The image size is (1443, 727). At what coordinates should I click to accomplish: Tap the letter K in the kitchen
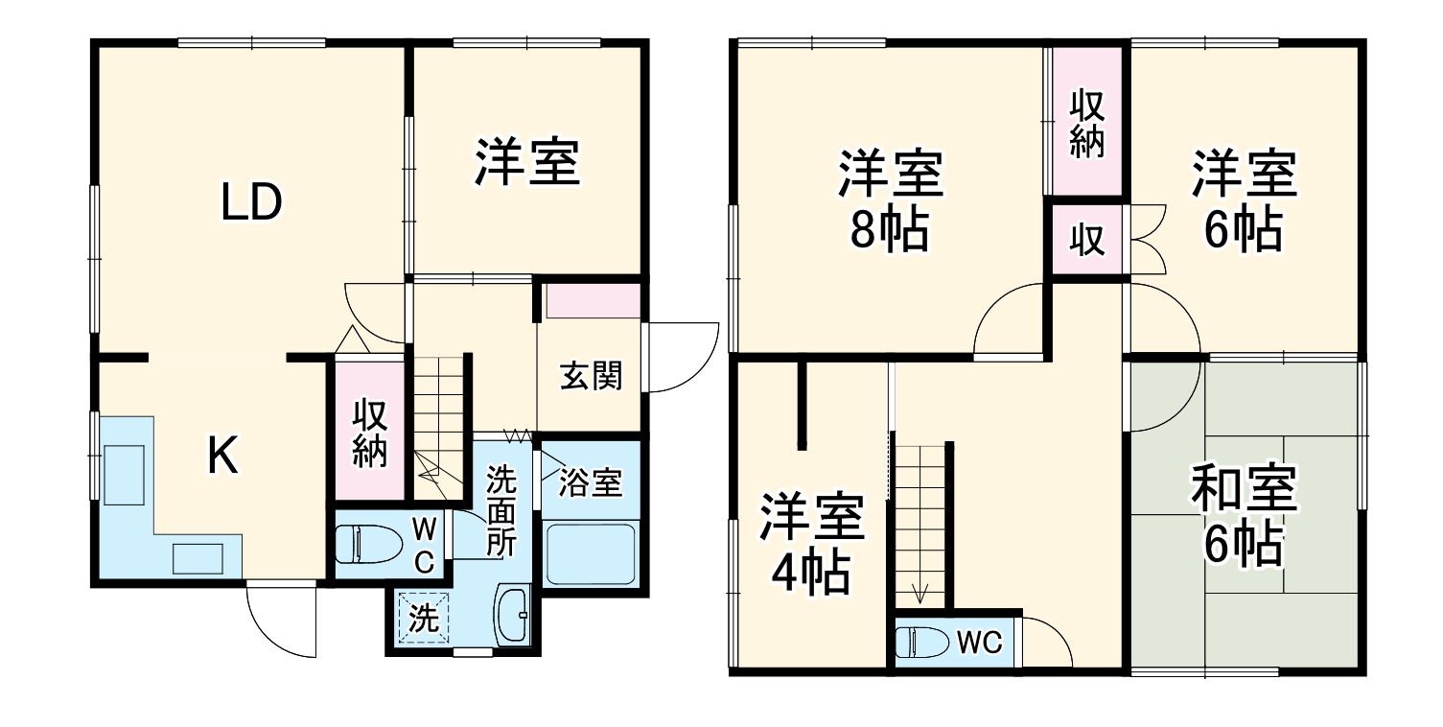pyautogui.click(x=222, y=457)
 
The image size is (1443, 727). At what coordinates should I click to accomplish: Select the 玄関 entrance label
pyautogui.click(x=592, y=377)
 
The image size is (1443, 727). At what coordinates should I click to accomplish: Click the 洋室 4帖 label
pyautogui.click(x=811, y=545)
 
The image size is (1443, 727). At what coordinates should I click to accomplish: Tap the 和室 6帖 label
pyautogui.click(x=1244, y=516)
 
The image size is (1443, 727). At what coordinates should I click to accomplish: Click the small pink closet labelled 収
pyautogui.click(x=1087, y=241)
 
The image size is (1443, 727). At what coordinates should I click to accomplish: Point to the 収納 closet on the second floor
pyautogui.click(x=1087, y=122)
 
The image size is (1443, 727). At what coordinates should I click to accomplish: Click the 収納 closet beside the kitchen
pyautogui.click(x=369, y=433)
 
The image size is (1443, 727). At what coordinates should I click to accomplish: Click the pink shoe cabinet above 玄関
pyautogui.click(x=593, y=301)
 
